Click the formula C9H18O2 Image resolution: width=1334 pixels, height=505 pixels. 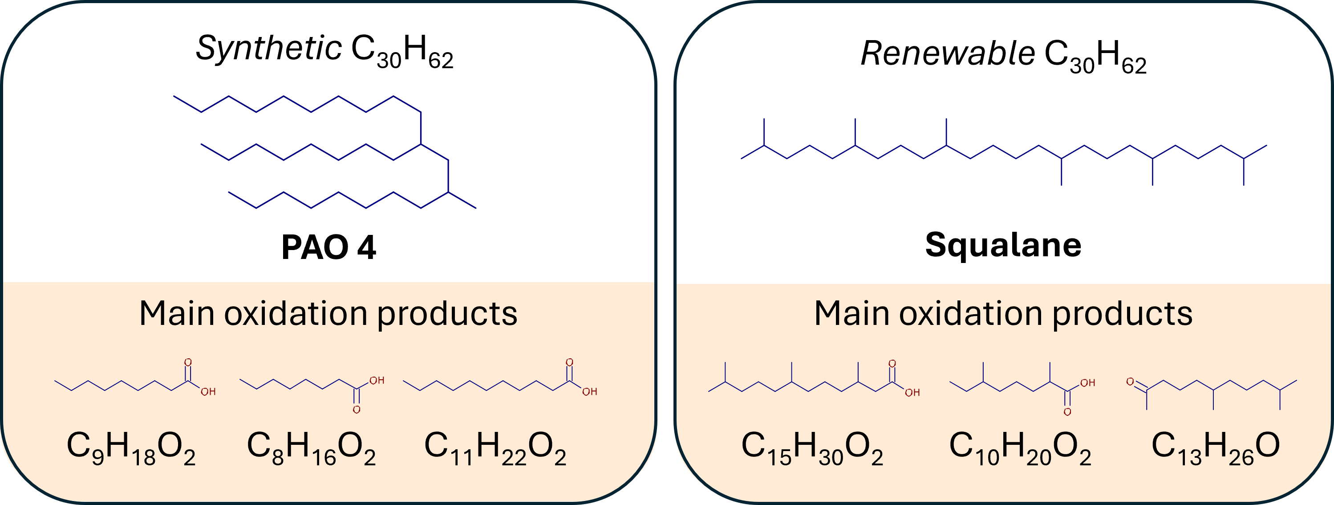(x=131, y=448)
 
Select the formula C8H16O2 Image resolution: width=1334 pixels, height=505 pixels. (x=311, y=448)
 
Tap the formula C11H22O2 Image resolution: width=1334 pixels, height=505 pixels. (x=495, y=448)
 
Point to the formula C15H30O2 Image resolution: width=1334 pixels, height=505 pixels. (x=812, y=448)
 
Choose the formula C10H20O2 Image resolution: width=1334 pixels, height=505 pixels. (x=1020, y=448)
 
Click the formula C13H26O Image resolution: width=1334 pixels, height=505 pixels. (x=1216, y=448)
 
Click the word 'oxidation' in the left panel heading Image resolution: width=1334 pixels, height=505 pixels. (x=295, y=314)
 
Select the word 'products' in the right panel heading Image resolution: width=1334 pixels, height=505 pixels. (x=1123, y=314)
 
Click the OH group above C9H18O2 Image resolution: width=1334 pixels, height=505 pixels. (x=208, y=392)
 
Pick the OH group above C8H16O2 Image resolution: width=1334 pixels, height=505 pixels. (x=377, y=381)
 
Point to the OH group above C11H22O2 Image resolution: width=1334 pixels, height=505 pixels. (x=590, y=392)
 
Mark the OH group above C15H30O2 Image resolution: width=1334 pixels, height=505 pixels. (x=912, y=393)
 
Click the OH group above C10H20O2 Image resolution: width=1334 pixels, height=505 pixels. (x=1087, y=383)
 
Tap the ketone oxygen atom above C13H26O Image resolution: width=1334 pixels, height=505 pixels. (x=1130, y=382)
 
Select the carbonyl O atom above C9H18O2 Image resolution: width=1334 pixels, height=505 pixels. (x=188, y=362)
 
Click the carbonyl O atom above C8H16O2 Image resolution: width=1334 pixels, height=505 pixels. (x=356, y=410)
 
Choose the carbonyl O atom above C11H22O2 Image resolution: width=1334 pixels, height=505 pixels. (x=569, y=362)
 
